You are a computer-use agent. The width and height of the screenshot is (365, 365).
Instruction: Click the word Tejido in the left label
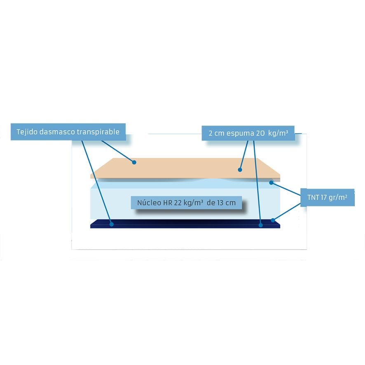tap(26, 132)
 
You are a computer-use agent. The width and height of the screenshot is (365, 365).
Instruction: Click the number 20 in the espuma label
tap(260, 133)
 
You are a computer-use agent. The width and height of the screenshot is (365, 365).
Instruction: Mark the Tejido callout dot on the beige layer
tap(134, 162)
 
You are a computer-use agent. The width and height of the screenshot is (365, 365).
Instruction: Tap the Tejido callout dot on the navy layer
tap(111, 224)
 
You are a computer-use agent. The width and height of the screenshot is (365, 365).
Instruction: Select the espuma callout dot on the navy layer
tap(261, 225)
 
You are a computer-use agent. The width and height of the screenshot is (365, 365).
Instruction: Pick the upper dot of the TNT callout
tap(271, 182)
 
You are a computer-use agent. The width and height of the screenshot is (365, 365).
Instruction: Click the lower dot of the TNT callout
tap(273, 220)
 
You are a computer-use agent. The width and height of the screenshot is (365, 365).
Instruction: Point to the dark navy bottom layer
tap(185, 224)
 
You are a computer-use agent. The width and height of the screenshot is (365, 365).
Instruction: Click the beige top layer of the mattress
tap(185, 168)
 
